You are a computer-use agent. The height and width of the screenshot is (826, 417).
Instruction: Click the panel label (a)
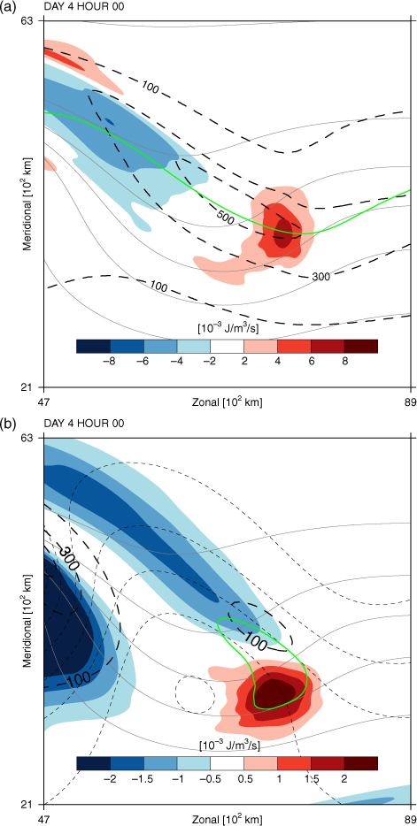pyautogui.click(x=7, y=7)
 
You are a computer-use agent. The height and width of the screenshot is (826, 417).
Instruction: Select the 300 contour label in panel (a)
pyautogui.click(x=322, y=276)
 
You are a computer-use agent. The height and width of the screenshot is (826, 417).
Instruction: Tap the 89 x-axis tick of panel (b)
pyautogui.click(x=411, y=820)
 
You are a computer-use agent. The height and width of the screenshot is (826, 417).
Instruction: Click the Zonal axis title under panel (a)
pyautogui.click(x=228, y=403)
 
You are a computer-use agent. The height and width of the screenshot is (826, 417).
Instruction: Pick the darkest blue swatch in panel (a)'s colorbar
pyautogui.click(x=93, y=346)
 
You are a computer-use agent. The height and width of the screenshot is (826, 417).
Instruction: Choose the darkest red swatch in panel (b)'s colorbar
pyautogui.click(x=361, y=763)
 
